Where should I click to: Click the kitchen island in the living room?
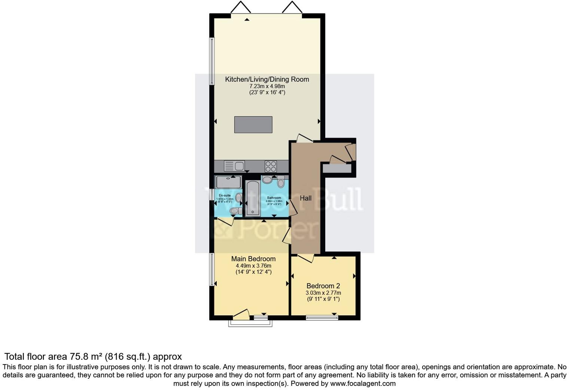(x=253, y=124)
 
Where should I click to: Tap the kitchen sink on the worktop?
(x=234, y=165)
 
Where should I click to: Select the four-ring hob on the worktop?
(x=271, y=166)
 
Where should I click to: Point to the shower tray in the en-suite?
(x=228, y=182)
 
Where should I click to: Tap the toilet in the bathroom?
(x=281, y=183)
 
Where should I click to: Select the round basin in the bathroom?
(x=267, y=180)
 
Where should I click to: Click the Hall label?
(x=305, y=198)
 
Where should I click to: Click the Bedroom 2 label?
(x=323, y=286)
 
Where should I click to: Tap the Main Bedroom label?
(x=253, y=259)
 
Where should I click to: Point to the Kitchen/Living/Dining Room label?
(x=267, y=79)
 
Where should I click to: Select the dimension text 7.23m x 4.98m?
(x=267, y=86)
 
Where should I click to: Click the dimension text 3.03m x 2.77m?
(x=323, y=293)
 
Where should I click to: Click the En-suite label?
(x=225, y=196)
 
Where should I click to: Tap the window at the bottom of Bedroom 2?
(x=322, y=318)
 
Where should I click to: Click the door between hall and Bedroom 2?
(x=305, y=258)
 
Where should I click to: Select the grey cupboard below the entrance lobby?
(x=337, y=169)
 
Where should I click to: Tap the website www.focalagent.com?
(x=363, y=383)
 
